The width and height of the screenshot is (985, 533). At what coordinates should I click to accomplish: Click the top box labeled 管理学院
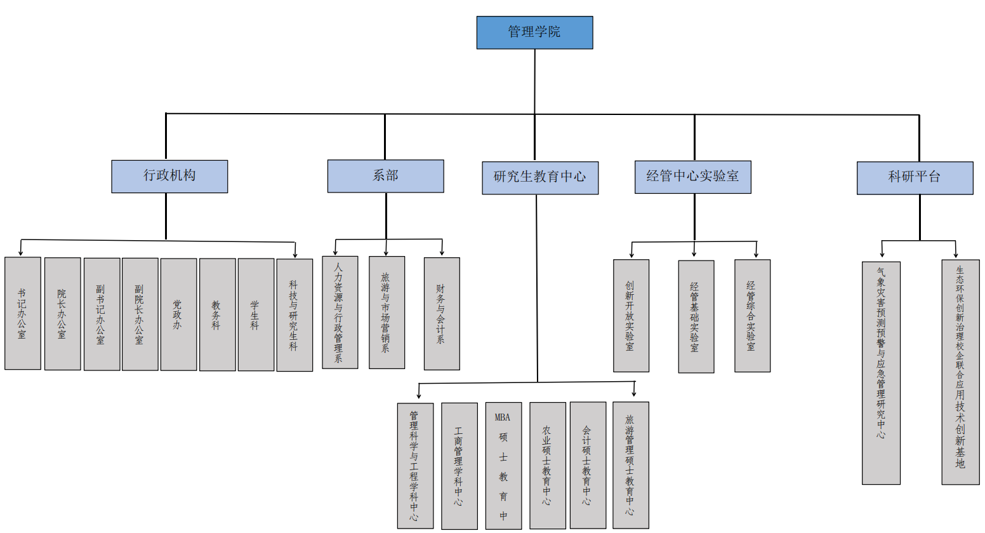coord(534,32)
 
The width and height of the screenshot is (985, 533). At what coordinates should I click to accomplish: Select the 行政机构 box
coord(169,176)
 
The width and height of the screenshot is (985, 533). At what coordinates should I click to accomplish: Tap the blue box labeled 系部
coord(385,176)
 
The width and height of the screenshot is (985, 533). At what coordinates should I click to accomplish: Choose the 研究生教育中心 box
coord(540,177)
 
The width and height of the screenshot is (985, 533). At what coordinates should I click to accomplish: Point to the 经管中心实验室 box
coord(693,177)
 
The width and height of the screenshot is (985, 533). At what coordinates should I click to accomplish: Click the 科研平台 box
coord(915,177)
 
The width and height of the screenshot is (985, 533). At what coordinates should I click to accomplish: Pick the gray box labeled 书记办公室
coord(23,313)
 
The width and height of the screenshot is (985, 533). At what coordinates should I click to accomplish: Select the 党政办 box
coord(178,314)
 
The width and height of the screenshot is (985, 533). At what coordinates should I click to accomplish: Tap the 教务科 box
coord(217,314)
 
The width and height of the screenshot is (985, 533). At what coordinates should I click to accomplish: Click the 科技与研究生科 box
coord(294,315)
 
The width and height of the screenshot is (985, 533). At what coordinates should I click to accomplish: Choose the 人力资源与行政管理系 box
coord(340,312)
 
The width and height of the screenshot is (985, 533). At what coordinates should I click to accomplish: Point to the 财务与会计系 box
coord(442,313)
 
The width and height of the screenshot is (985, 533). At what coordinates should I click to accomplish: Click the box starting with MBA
coord(503,465)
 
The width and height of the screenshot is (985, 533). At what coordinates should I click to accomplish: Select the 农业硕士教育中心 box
coord(547,465)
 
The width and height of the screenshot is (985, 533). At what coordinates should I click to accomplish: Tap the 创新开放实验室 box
coord(631,316)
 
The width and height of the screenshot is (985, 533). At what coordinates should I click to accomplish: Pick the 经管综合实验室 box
coord(752,316)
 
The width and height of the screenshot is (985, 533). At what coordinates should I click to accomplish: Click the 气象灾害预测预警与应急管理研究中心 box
coord(881,373)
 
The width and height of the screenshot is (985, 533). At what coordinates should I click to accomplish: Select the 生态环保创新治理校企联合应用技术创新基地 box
coord(960,372)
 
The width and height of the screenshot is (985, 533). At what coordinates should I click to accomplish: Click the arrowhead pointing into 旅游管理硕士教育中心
coord(634,394)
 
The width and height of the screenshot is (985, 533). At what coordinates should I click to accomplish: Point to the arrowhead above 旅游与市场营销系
coord(386,253)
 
